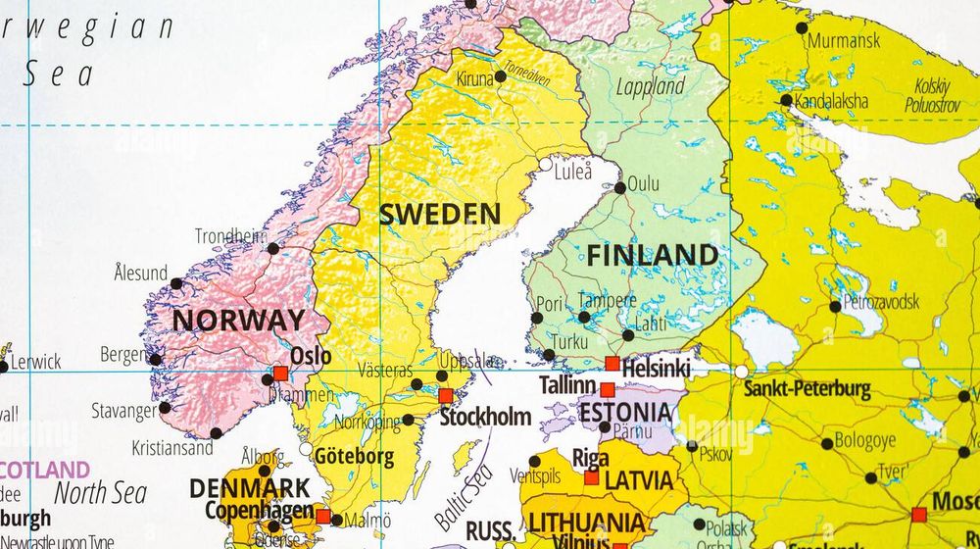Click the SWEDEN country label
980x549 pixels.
pos(439,214)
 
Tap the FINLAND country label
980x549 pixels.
pos(652,256)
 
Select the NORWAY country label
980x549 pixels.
pos(238,321)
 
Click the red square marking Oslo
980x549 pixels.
pos(280,374)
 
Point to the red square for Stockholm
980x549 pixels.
pos(446,396)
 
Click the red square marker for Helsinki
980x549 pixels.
pos(612,364)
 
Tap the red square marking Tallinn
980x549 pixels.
pos(608,389)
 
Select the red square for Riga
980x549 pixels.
pos(591,477)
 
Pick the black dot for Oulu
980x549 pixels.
pos(619,187)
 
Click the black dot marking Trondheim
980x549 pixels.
pos(273,248)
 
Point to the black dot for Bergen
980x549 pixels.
pos(155,359)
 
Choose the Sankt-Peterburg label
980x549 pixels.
pos(807,389)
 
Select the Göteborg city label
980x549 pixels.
pos(354,456)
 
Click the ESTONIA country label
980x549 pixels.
pos(625,413)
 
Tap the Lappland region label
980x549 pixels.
pos(650,86)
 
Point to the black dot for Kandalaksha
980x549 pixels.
pos(786,100)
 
